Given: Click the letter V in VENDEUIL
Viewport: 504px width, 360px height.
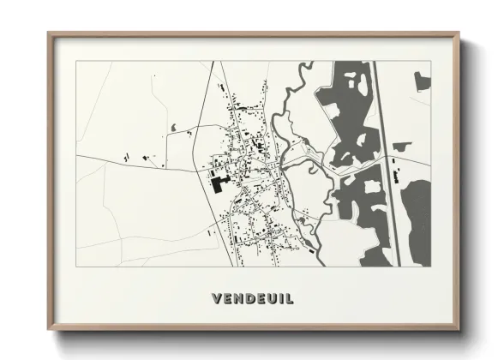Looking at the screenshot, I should click(x=215, y=299).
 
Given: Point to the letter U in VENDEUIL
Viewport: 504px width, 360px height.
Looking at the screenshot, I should click(x=270, y=299).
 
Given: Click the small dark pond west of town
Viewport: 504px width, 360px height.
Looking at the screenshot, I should click(x=175, y=128).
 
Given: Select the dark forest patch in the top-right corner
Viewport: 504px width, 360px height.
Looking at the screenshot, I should click(x=422, y=81).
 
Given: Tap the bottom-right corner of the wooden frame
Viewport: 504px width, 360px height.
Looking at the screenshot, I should click(x=459, y=332).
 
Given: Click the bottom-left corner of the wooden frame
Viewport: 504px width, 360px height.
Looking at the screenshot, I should click(x=49, y=332).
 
